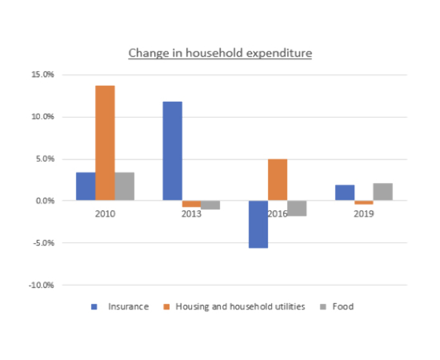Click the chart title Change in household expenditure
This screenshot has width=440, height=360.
(220, 53)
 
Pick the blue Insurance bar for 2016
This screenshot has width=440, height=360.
(258, 224)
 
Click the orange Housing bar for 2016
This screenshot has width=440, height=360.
(278, 179)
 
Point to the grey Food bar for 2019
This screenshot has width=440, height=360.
(383, 192)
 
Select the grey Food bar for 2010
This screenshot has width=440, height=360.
(124, 187)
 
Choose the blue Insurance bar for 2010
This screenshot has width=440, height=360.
(86, 187)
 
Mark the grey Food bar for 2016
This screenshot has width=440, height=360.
(297, 208)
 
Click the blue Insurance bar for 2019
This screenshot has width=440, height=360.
(345, 193)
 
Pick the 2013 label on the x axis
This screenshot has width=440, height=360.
(191, 214)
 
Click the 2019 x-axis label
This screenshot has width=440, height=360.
(364, 214)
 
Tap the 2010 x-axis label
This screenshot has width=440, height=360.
(105, 214)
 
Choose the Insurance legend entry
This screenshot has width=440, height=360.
(128, 307)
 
